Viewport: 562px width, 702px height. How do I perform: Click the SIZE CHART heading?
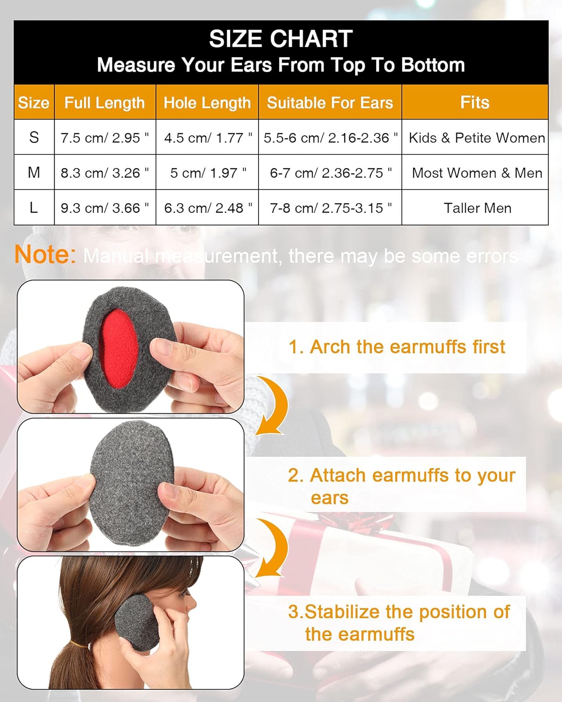(281, 38)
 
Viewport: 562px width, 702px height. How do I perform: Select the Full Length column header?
(104, 102)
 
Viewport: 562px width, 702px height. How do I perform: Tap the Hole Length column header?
(207, 102)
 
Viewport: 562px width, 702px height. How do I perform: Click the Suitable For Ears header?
(330, 102)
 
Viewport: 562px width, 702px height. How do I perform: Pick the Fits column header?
(474, 102)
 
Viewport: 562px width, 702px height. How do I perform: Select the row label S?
(34, 137)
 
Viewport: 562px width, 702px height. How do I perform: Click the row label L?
(34, 207)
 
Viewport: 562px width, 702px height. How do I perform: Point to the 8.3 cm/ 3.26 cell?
(104, 173)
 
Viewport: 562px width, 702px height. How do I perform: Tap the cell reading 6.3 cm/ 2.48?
(207, 208)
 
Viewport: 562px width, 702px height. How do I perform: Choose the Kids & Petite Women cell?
(476, 138)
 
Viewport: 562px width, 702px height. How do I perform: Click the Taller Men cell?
(477, 208)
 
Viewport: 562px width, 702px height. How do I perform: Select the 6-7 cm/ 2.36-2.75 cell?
(330, 173)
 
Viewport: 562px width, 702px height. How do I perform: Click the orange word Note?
(45, 255)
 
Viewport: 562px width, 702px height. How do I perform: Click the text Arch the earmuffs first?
(397, 347)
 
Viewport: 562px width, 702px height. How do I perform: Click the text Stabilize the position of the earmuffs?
(398, 623)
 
